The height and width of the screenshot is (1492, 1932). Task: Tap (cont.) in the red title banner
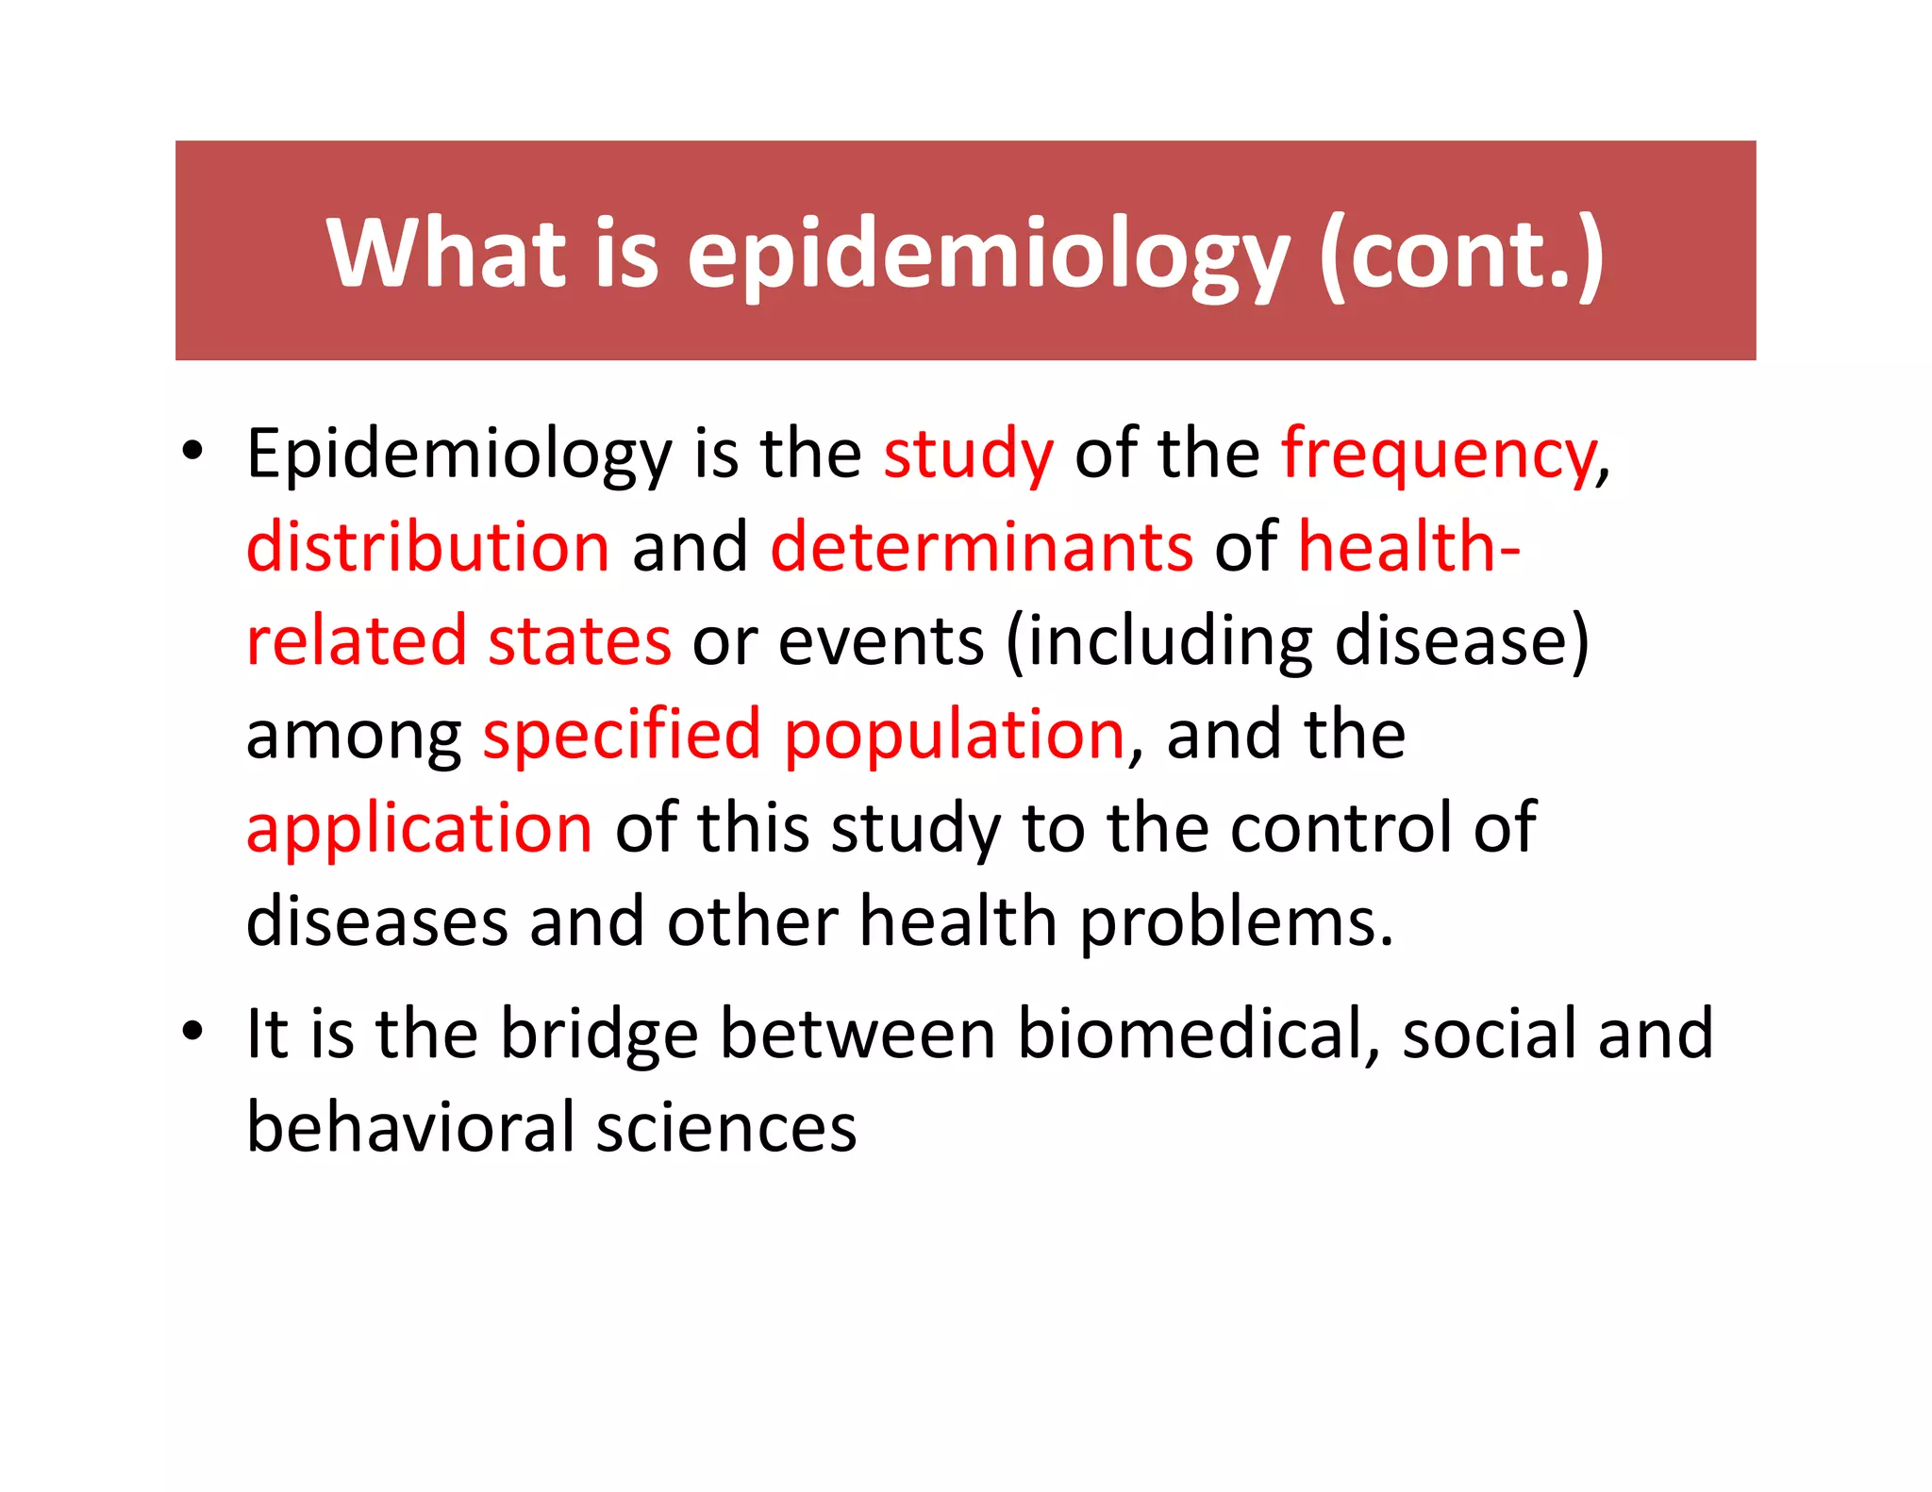pos(1461,254)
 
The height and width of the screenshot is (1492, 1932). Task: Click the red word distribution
pos(428,547)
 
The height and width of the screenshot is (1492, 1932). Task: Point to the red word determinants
pos(982,547)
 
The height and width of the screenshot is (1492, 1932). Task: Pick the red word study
pos(968,456)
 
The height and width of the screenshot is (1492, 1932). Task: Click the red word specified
pos(622,735)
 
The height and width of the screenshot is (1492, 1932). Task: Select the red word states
pos(579,641)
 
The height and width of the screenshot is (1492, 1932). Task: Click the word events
pos(881,641)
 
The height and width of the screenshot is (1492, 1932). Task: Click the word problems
pos(1236,922)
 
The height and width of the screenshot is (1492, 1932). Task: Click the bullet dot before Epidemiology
pos(192,451)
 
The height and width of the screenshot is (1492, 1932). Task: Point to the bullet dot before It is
pos(192,1031)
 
